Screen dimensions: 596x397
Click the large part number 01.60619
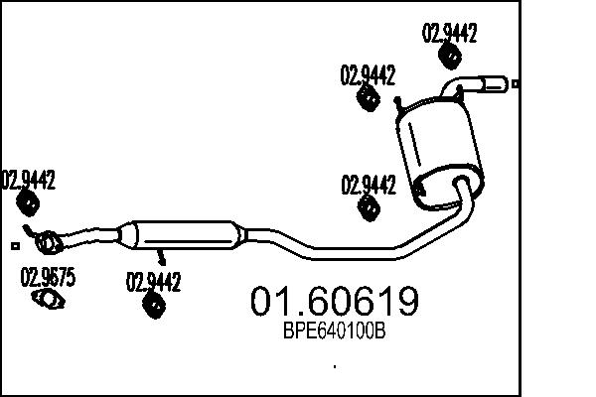pyautogui.click(x=335, y=302)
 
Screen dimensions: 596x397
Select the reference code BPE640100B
pyautogui.click(x=335, y=331)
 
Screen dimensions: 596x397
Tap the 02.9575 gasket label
pyautogui.click(x=48, y=277)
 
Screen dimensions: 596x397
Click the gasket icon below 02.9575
pyautogui.click(x=49, y=299)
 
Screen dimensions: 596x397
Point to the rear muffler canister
pyautogui.click(x=439, y=152)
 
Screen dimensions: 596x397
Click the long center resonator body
pyautogui.click(x=185, y=235)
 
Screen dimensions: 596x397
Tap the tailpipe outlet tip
pyautogui.click(x=496, y=84)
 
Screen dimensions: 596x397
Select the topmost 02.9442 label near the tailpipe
pyautogui.click(x=450, y=33)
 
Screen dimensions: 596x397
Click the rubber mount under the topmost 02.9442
pyautogui.click(x=450, y=57)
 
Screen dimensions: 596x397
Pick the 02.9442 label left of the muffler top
pyautogui.click(x=368, y=74)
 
